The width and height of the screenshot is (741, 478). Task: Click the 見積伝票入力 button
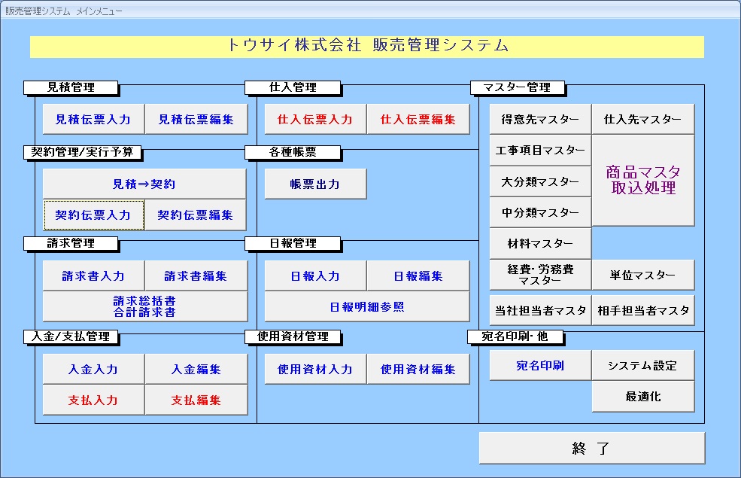[93, 120]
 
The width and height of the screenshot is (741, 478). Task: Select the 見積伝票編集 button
[196, 120]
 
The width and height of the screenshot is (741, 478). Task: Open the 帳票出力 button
[315, 184]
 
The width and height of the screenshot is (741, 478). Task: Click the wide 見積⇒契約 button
[144, 184]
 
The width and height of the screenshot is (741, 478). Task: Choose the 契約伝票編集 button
[196, 215]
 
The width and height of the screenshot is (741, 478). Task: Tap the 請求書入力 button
[93, 276]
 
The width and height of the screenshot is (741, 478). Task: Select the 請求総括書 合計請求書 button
[144, 306]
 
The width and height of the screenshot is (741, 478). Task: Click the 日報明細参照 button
[367, 307]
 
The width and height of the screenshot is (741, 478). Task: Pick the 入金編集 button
[196, 370]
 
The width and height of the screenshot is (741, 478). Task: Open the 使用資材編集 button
[418, 370]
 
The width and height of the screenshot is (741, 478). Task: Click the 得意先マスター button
[540, 120]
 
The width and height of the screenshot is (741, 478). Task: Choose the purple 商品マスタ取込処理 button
[643, 181]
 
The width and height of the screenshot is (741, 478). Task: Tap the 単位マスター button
[643, 276]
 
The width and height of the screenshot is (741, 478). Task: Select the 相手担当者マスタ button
[643, 310]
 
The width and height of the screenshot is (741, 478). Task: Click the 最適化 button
[643, 397]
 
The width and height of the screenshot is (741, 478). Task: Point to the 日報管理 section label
[293, 243]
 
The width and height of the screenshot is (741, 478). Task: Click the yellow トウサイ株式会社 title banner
[367, 46]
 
